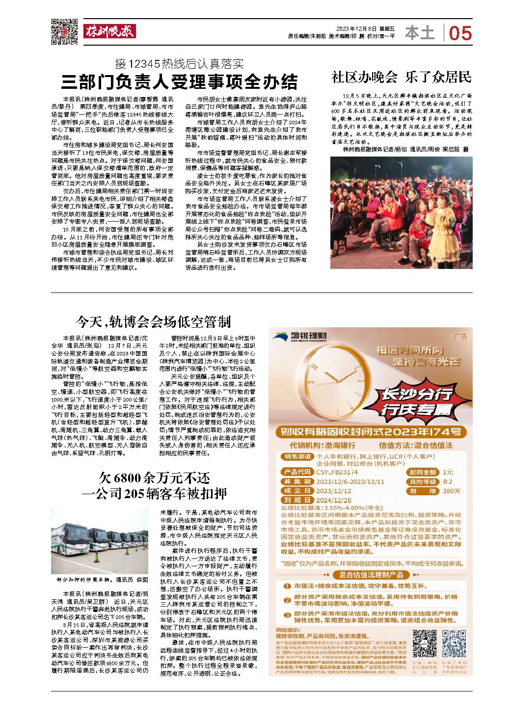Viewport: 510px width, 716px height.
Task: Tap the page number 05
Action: click(x=460, y=33)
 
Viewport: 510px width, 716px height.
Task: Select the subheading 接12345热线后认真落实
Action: click(x=180, y=63)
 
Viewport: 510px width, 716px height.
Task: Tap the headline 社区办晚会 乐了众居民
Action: click(x=401, y=77)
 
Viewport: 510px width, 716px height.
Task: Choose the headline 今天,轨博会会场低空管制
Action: click(x=153, y=322)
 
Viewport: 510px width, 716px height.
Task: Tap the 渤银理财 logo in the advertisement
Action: click(x=301, y=336)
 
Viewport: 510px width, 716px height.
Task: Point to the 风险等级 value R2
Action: click(x=448, y=482)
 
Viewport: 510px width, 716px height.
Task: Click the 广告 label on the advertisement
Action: click(x=460, y=337)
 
